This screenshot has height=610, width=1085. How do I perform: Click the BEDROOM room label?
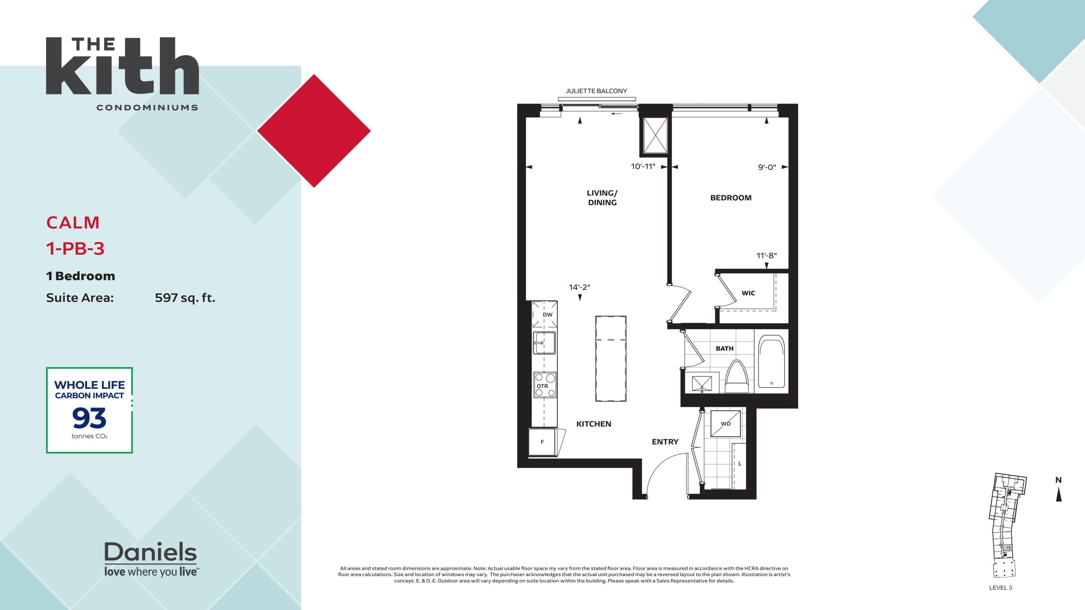click(731, 198)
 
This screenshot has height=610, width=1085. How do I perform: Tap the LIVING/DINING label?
click(602, 198)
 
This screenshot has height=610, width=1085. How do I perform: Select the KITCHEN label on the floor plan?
click(594, 424)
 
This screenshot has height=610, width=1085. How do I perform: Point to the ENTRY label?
click(665, 442)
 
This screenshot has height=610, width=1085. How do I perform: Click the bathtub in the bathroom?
click(771, 361)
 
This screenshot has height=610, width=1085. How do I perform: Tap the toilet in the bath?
click(737, 377)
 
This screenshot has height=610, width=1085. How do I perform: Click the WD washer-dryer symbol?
click(726, 423)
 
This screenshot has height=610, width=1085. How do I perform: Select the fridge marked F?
click(542, 442)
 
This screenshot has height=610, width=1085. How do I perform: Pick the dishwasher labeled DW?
click(545, 314)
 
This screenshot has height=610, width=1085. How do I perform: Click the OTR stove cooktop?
click(545, 385)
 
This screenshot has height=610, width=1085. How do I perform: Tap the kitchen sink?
click(544, 343)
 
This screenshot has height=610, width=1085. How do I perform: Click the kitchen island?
click(611, 358)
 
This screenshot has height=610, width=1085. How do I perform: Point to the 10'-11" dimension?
click(643, 166)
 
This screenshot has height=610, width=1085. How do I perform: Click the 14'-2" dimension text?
click(579, 287)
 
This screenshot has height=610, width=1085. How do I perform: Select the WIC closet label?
click(748, 293)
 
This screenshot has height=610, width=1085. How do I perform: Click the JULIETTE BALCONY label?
click(596, 91)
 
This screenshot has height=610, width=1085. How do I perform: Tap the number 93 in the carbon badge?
click(89, 418)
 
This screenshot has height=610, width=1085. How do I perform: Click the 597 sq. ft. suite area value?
click(185, 298)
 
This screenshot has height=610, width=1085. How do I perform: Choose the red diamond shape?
click(314, 131)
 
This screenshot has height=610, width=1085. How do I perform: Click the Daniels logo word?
click(150, 552)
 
